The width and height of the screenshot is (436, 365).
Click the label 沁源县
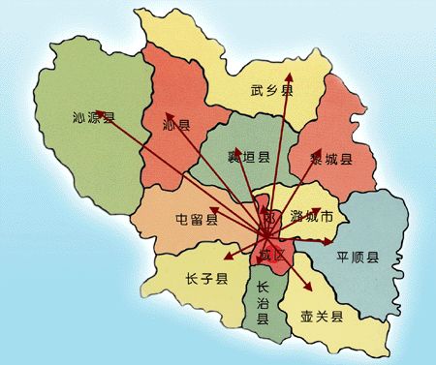pyautogui.click(x=94, y=119)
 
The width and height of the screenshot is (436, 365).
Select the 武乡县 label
pyautogui.click(x=271, y=91)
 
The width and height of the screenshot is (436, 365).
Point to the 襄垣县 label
pyautogui.click(x=248, y=157)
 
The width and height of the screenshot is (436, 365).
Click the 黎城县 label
pyautogui.click(x=330, y=159)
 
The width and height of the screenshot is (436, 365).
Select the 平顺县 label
pyautogui.click(x=357, y=258)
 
